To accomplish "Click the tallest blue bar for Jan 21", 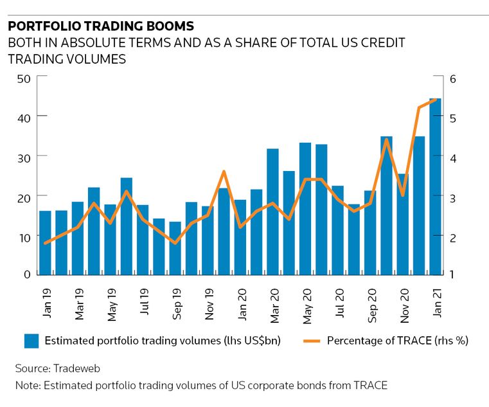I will pos(435,186).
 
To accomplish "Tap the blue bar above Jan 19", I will pos(45,242).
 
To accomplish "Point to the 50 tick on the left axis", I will pos(24,77).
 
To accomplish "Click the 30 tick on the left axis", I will pos(24,156).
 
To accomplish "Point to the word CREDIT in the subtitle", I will pos(383,43).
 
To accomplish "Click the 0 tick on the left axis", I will pos(28,275).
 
